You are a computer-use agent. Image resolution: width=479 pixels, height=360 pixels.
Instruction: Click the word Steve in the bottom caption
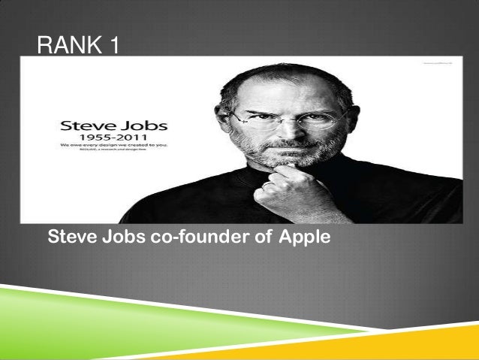pos(72,239)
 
